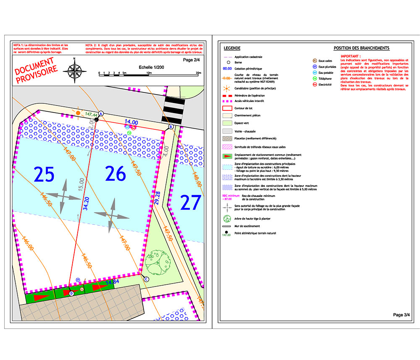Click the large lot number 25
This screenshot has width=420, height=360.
(44, 174)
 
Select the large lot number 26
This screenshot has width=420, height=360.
(116, 173)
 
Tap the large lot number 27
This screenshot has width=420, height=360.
(191, 203)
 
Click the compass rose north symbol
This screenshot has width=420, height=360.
(74, 69)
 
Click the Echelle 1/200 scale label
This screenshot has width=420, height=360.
(150, 67)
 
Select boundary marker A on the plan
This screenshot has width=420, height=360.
(101, 114)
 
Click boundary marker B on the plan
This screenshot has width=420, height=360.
(171, 126)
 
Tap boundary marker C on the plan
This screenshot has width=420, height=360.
(146, 279)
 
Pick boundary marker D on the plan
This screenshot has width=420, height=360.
(71, 293)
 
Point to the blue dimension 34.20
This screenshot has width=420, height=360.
(86, 204)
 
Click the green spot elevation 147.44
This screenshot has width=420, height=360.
(91, 115)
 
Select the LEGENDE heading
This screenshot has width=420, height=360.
(232, 48)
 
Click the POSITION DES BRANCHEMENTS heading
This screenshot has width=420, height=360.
(362, 48)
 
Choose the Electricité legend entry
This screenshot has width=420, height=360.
(325, 85)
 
